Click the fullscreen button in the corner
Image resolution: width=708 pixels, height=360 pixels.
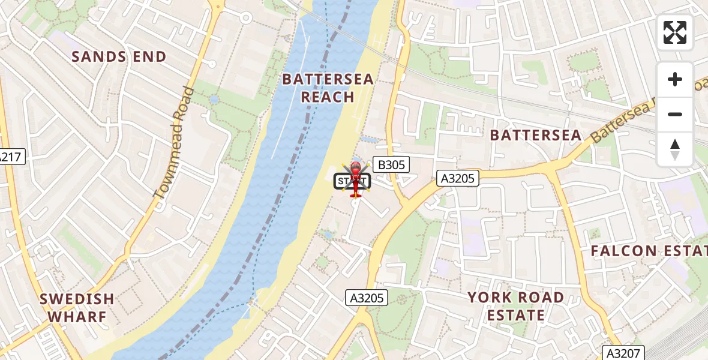[x=675, y=32]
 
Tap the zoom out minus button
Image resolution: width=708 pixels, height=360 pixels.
[x=675, y=114]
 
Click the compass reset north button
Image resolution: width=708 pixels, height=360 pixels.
[x=675, y=149]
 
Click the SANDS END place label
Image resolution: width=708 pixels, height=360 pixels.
[x=119, y=57]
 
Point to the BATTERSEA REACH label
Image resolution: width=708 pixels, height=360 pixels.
[x=328, y=88]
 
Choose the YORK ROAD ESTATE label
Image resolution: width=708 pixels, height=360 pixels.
[x=515, y=306]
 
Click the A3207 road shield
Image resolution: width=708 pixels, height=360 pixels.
[x=624, y=353]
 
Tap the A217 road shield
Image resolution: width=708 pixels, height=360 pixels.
[x=10, y=157]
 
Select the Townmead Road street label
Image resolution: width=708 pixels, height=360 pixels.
[x=175, y=143]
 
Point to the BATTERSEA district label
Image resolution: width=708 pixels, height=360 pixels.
[x=536, y=135]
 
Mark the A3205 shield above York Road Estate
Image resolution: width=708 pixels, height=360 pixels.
[x=367, y=297]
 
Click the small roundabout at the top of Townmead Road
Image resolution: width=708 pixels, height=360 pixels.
[x=245, y=18]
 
